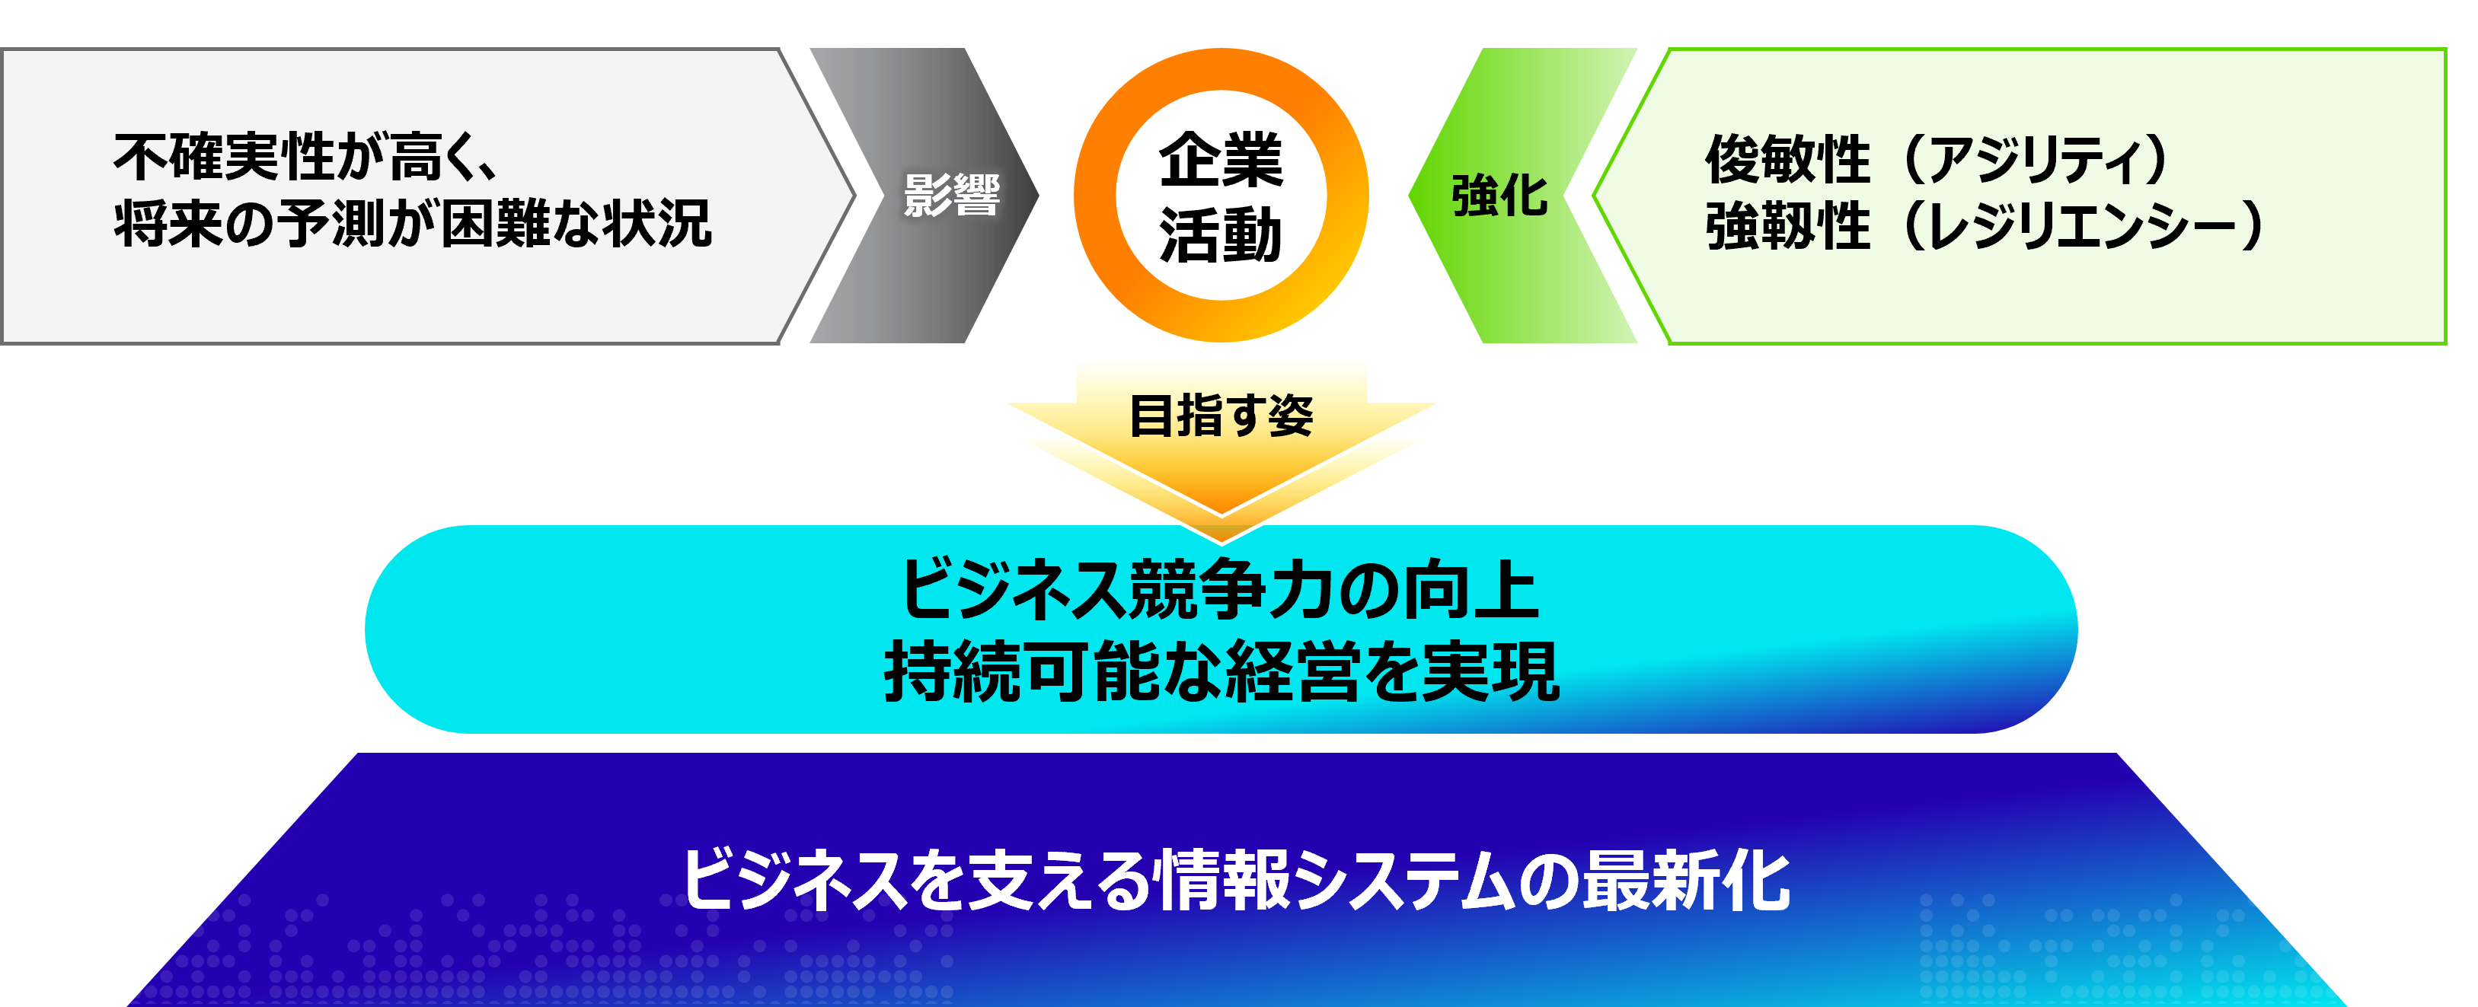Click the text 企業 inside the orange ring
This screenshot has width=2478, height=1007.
1221,160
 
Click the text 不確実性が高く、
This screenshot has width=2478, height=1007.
306,157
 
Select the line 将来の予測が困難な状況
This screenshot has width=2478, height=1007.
413,224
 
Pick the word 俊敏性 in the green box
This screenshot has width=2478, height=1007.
1787,158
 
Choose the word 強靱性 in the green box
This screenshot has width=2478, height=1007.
1787,227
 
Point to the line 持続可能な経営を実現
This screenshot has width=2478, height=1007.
1221,671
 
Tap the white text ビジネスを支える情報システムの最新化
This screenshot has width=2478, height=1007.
1236,880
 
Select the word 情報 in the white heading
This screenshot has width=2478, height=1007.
1224,880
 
